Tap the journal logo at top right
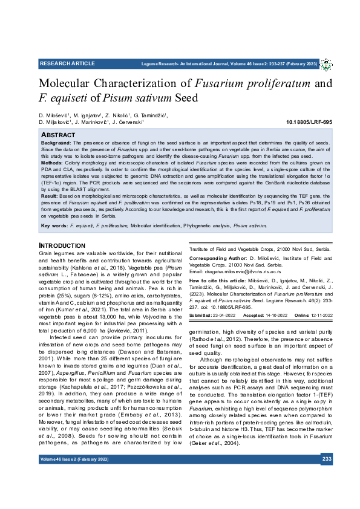tap(326, 64)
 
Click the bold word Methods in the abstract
tap(51, 163)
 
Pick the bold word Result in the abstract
tap(49, 196)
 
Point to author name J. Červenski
tap(126, 122)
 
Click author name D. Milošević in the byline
tap(53, 115)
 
